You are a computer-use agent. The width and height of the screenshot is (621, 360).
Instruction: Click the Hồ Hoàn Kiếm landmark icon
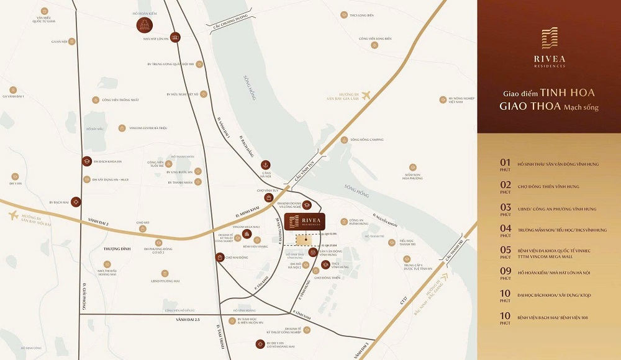point(144,25)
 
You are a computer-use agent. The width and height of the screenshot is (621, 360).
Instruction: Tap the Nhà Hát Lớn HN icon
point(176,37)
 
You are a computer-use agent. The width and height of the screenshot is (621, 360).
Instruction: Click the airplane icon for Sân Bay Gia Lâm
point(366,95)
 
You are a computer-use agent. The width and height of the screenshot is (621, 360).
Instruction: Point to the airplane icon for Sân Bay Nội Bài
point(14,215)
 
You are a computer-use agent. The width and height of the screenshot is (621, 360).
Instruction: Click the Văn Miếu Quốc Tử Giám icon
point(43,12)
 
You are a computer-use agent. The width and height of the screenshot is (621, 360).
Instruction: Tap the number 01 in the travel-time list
point(505,163)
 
